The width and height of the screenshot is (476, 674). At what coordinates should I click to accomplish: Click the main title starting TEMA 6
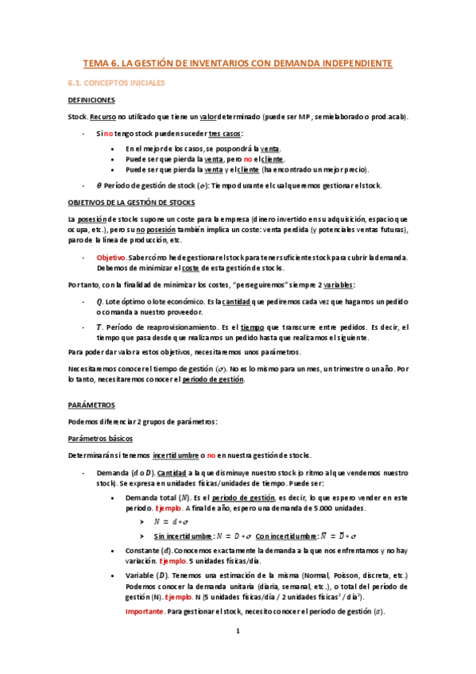pyautogui.click(x=238, y=63)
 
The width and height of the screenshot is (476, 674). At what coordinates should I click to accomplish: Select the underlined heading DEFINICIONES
pyautogui.click(x=91, y=100)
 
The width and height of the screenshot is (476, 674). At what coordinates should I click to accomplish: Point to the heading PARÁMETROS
pyautogui.click(x=91, y=405)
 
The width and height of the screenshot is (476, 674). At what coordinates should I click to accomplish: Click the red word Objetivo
pyautogui.click(x=111, y=257)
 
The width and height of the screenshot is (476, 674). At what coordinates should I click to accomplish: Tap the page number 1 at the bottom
pyautogui.click(x=238, y=653)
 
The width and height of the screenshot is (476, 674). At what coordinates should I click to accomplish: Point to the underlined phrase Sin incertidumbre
pyautogui.click(x=183, y=536)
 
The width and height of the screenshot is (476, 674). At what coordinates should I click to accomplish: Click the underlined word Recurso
pyautogui.click(x=103, y=117)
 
